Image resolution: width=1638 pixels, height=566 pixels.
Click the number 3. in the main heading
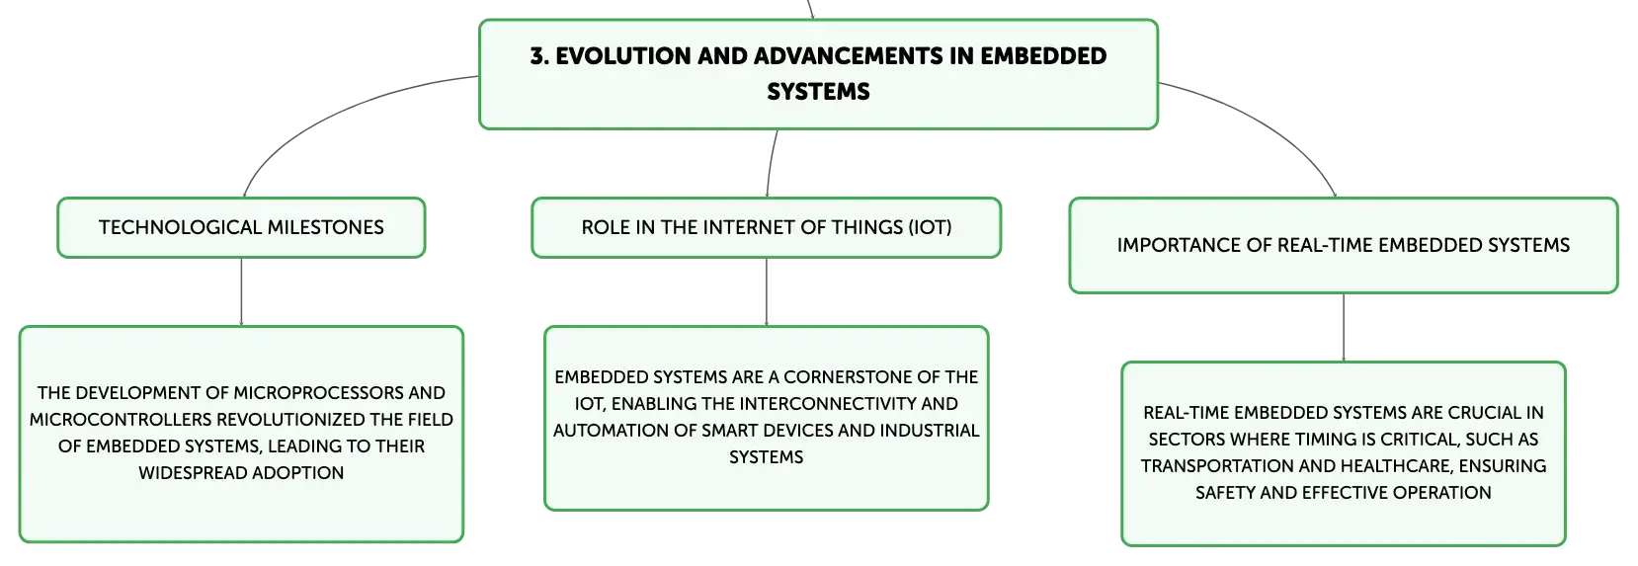click(x=539, y=56)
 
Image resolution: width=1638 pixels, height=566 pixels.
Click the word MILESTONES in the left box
click(x=325, y=227)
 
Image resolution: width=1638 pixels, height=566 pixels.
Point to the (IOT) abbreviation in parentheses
click(x=930, y=227)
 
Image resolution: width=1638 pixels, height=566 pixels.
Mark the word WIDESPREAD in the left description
click(x=193, y=473)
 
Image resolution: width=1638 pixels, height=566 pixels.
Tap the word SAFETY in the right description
click(x=1226, y=493)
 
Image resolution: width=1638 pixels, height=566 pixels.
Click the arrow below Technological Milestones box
click(x=241, y=291)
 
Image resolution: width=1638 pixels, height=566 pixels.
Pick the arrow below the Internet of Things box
click(x=767, y=291)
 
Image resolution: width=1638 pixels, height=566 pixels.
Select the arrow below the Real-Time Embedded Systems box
click(x=1344, y=328)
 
